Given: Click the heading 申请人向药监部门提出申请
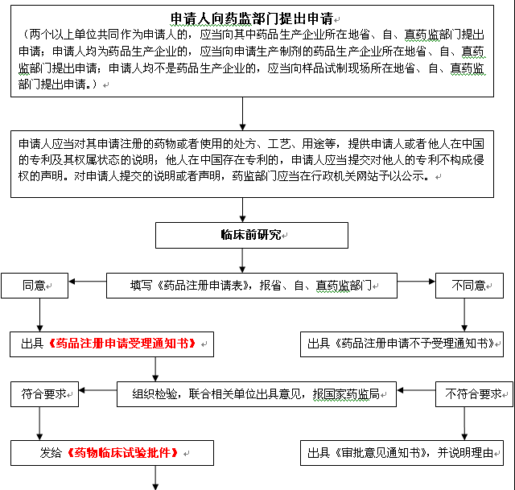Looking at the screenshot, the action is tap(252, 19).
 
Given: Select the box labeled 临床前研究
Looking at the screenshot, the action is tap(252, 235).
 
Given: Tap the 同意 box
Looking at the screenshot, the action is tap(35, 286).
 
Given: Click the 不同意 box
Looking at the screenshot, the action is tap(469, 286).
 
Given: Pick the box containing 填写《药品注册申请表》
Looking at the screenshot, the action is tap(252, 286).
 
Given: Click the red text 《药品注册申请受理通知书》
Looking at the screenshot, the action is tap(122, 344).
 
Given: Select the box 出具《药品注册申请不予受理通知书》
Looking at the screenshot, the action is tap(402, 344).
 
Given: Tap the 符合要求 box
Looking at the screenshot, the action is tap(44, 394).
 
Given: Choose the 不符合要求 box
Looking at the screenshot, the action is tap(474, 394).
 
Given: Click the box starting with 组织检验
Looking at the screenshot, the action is tap(257, 394).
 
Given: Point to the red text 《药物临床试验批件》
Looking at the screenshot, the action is tap(122, 453).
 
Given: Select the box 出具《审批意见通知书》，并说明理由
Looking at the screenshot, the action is tap(402, 453).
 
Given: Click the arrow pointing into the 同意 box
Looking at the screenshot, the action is tap(88, 282).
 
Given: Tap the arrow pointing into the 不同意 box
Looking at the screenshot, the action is tap(417, 282).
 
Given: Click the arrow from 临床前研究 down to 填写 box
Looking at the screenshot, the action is tap(242, 261).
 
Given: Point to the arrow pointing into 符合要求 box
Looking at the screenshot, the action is tap(97, 390).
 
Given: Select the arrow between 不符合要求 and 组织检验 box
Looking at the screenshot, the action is tap(416, 390).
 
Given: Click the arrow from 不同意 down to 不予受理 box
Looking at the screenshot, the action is tap(464, 315).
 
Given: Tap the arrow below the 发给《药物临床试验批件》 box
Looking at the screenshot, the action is tap(155, 477).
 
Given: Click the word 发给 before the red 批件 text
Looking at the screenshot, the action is tap(51, 453).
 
